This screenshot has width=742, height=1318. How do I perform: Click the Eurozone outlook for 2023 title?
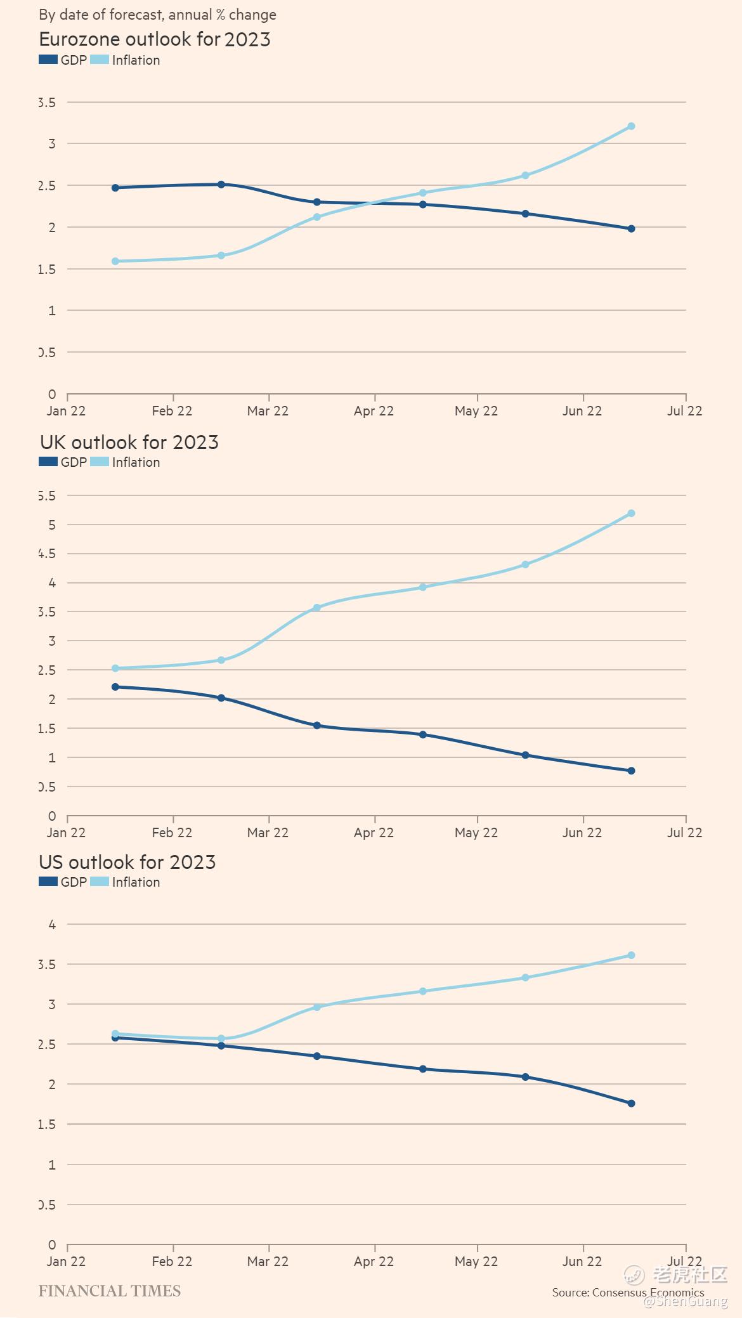155,39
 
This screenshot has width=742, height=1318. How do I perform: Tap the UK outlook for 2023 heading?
129,442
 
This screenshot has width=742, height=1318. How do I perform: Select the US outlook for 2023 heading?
127,862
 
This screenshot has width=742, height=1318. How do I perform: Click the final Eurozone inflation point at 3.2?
631,126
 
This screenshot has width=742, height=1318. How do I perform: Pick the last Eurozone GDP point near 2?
631,229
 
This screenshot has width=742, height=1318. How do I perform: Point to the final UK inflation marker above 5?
631,513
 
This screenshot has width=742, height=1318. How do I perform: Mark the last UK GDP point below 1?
631,771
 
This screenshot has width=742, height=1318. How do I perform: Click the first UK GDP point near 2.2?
115,687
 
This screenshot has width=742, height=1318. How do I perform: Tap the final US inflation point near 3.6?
631,955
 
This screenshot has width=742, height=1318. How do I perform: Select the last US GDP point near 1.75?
631,1104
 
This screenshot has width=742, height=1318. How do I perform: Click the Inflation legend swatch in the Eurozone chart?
100,60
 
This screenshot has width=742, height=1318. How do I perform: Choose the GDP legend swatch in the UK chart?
48,462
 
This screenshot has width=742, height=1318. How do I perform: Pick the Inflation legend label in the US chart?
136,882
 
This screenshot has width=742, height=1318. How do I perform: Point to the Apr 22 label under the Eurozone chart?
374,411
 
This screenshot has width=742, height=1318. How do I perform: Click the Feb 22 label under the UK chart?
172,833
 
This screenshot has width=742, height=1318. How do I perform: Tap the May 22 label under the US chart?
476,1262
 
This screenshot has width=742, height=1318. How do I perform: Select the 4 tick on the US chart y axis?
52,925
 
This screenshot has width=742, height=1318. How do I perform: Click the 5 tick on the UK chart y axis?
52,525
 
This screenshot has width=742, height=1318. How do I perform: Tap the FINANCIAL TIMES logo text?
110,1291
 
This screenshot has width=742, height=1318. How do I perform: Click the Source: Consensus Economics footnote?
628,1293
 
